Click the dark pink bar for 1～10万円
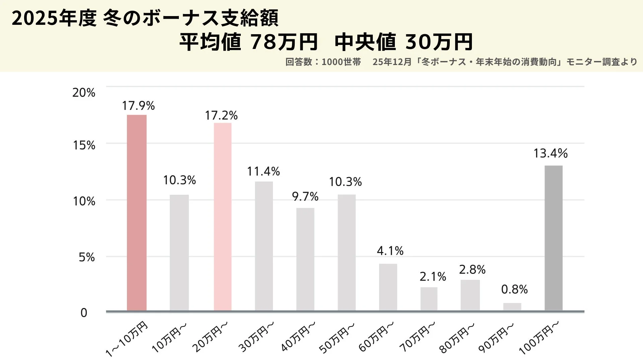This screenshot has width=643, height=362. point(137,213)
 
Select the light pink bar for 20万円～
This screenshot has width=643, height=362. point(223,217)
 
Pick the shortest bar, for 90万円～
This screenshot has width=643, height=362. point(512,307)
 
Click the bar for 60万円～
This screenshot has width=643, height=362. point(388,287)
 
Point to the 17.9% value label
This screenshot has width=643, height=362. point(138,106)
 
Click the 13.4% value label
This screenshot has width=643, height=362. point(550,154)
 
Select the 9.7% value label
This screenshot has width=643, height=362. point(305,197)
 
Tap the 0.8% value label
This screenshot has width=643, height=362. point(514,289)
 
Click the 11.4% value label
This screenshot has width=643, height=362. point(263,172)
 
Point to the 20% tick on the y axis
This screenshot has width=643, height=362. point(84,93)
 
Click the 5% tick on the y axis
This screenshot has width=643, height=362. point(87,257)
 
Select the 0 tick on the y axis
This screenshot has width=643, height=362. point(84,313)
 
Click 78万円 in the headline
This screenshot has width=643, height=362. point(284,42)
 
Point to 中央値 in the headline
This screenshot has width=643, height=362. point(365,42)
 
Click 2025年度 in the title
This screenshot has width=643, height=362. point(54,19)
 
